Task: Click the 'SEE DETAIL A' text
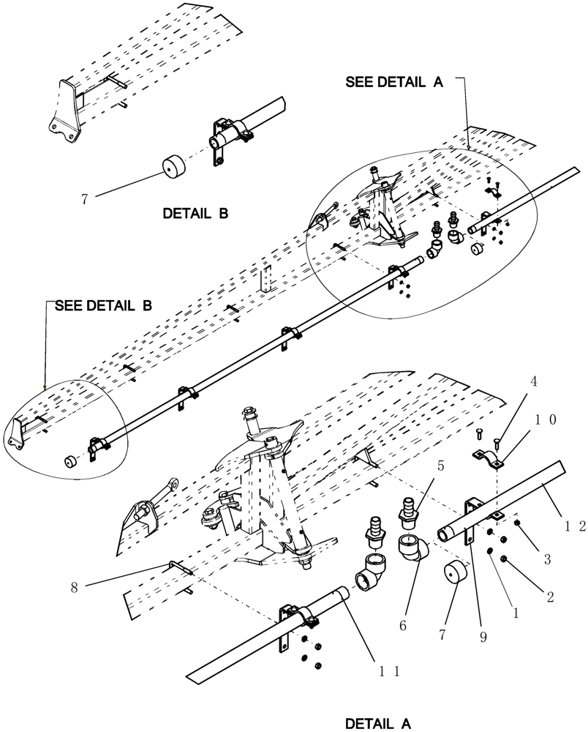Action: click(x=394, y=83)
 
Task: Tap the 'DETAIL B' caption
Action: click(x=195, y=214)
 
